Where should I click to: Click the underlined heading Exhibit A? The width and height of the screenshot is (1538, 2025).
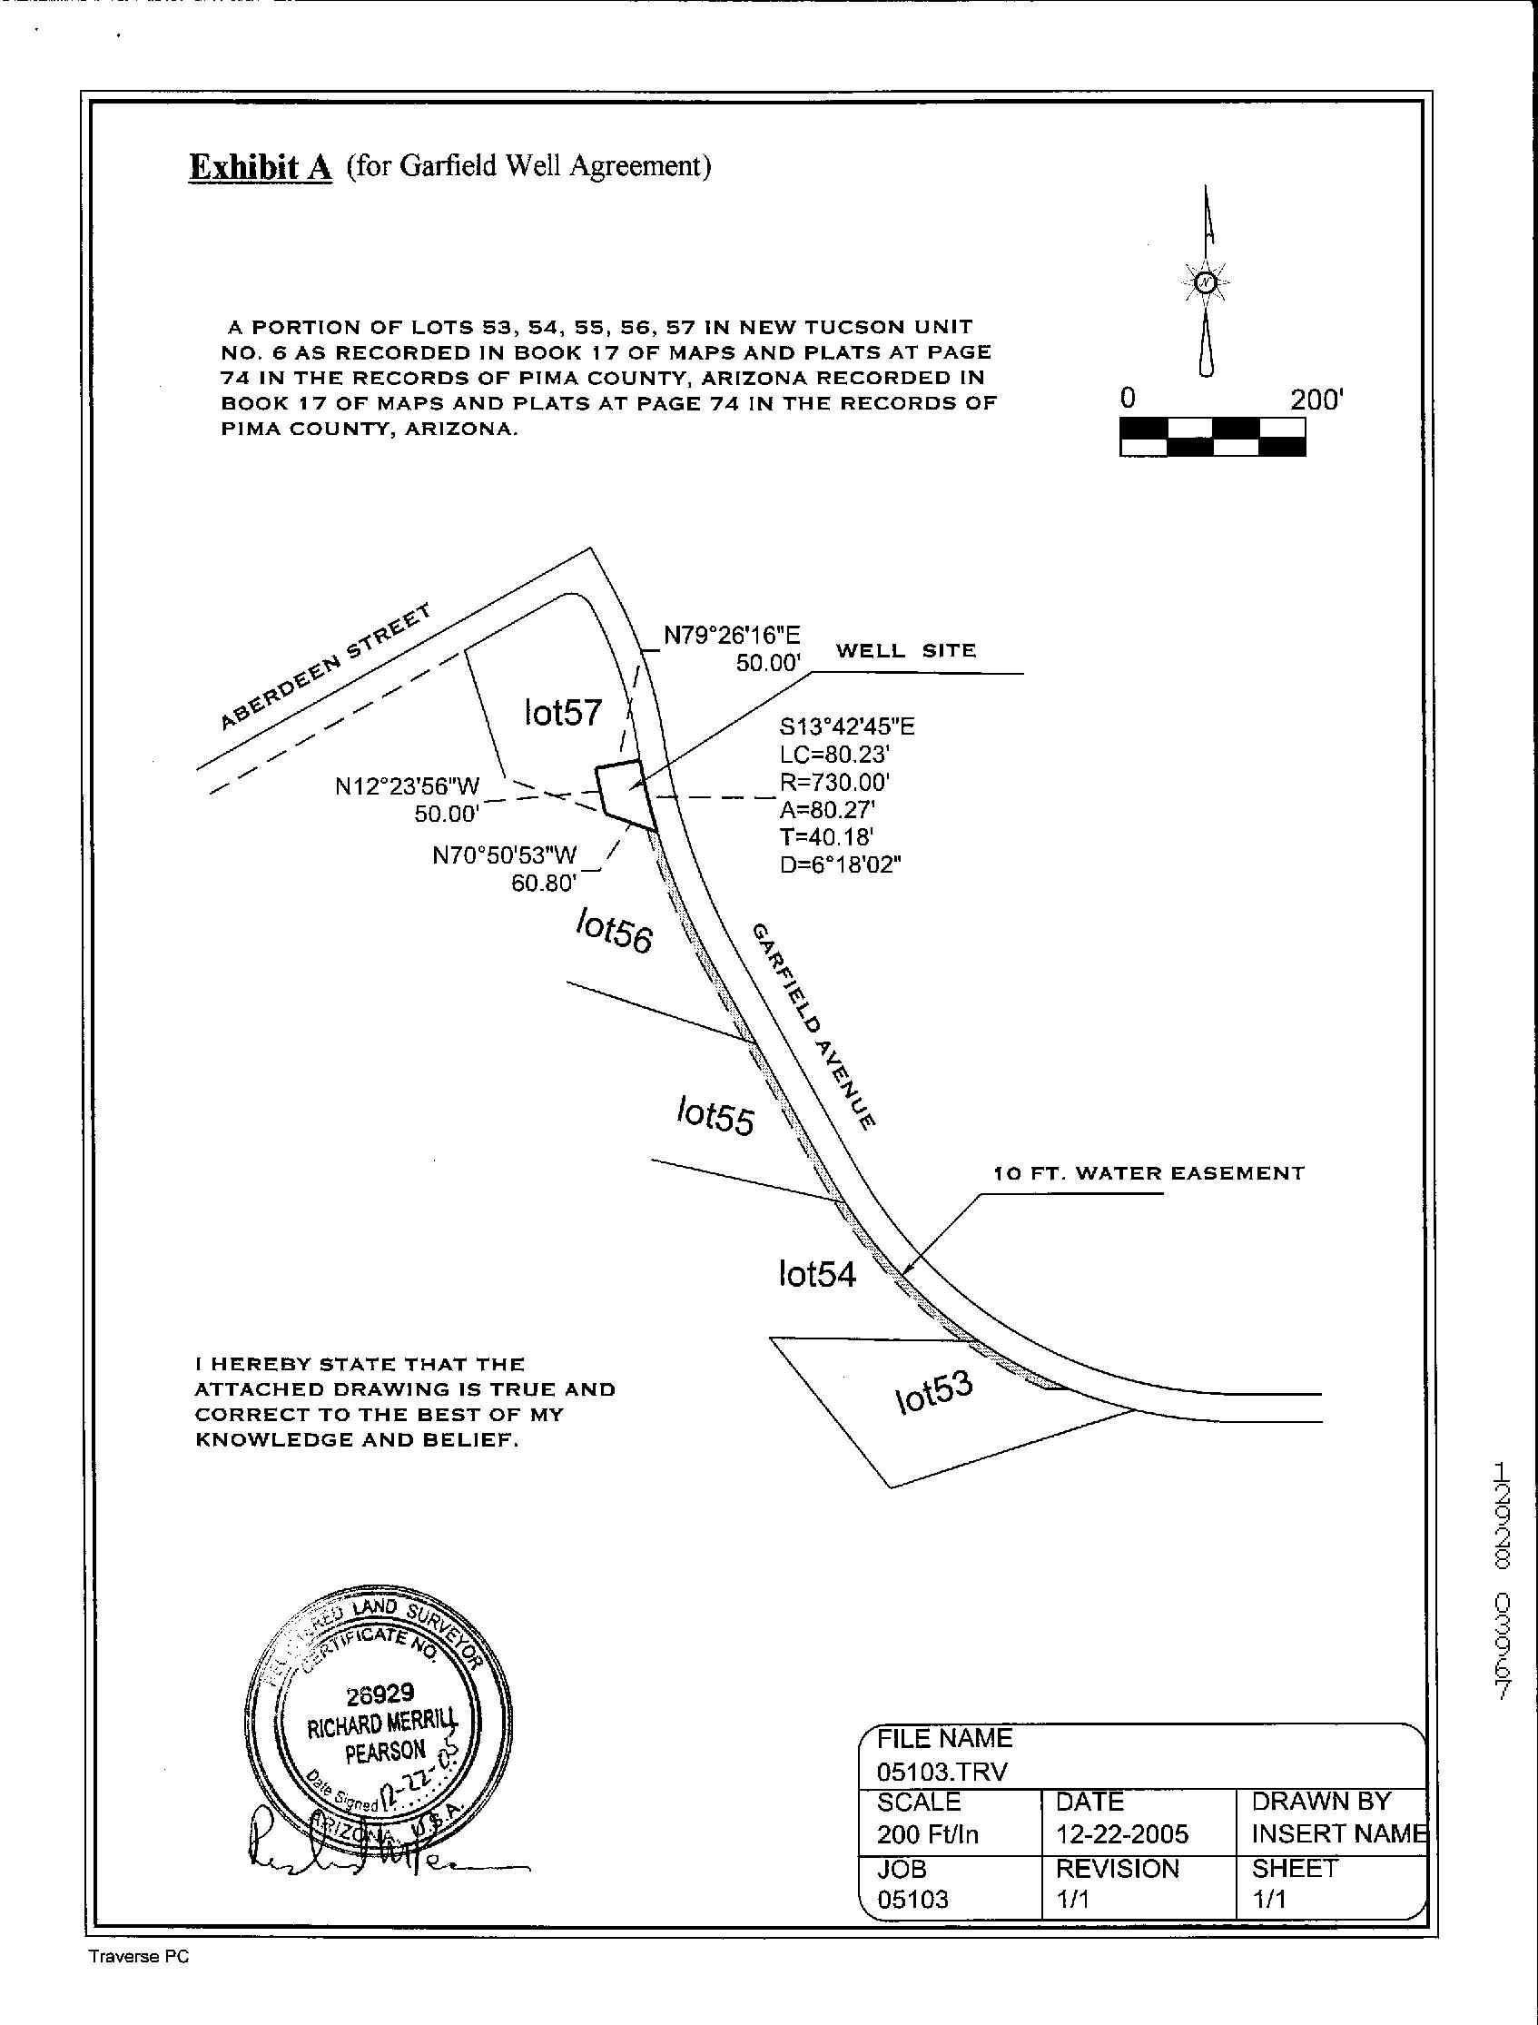coord(260,167)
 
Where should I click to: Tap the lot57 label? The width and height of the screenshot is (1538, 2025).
coord(562,712)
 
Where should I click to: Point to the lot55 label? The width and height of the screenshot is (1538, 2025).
coord(715,1116)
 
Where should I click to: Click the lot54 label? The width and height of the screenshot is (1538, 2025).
coord(816,1273)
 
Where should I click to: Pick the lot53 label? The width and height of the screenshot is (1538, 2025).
coord(932,1392)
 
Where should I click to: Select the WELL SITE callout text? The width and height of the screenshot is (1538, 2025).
coord(905,651)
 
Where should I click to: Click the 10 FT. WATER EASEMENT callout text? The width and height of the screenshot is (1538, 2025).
coord(1149,1172)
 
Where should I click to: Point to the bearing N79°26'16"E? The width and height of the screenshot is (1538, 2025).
coord(732,636)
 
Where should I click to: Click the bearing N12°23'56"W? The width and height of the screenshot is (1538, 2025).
coord(408,786)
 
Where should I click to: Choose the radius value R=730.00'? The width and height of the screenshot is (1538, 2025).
coord(834,783)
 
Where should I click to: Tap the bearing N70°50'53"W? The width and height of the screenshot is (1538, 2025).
coord(505,856)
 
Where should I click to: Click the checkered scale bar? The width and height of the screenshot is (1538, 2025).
coord(1212,437)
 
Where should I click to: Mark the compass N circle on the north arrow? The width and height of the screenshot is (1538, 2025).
coord(1207,282)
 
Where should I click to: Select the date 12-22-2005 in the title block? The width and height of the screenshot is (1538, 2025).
coord(1121,1833)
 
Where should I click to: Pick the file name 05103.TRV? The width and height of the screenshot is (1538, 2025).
coord(942,1772)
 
